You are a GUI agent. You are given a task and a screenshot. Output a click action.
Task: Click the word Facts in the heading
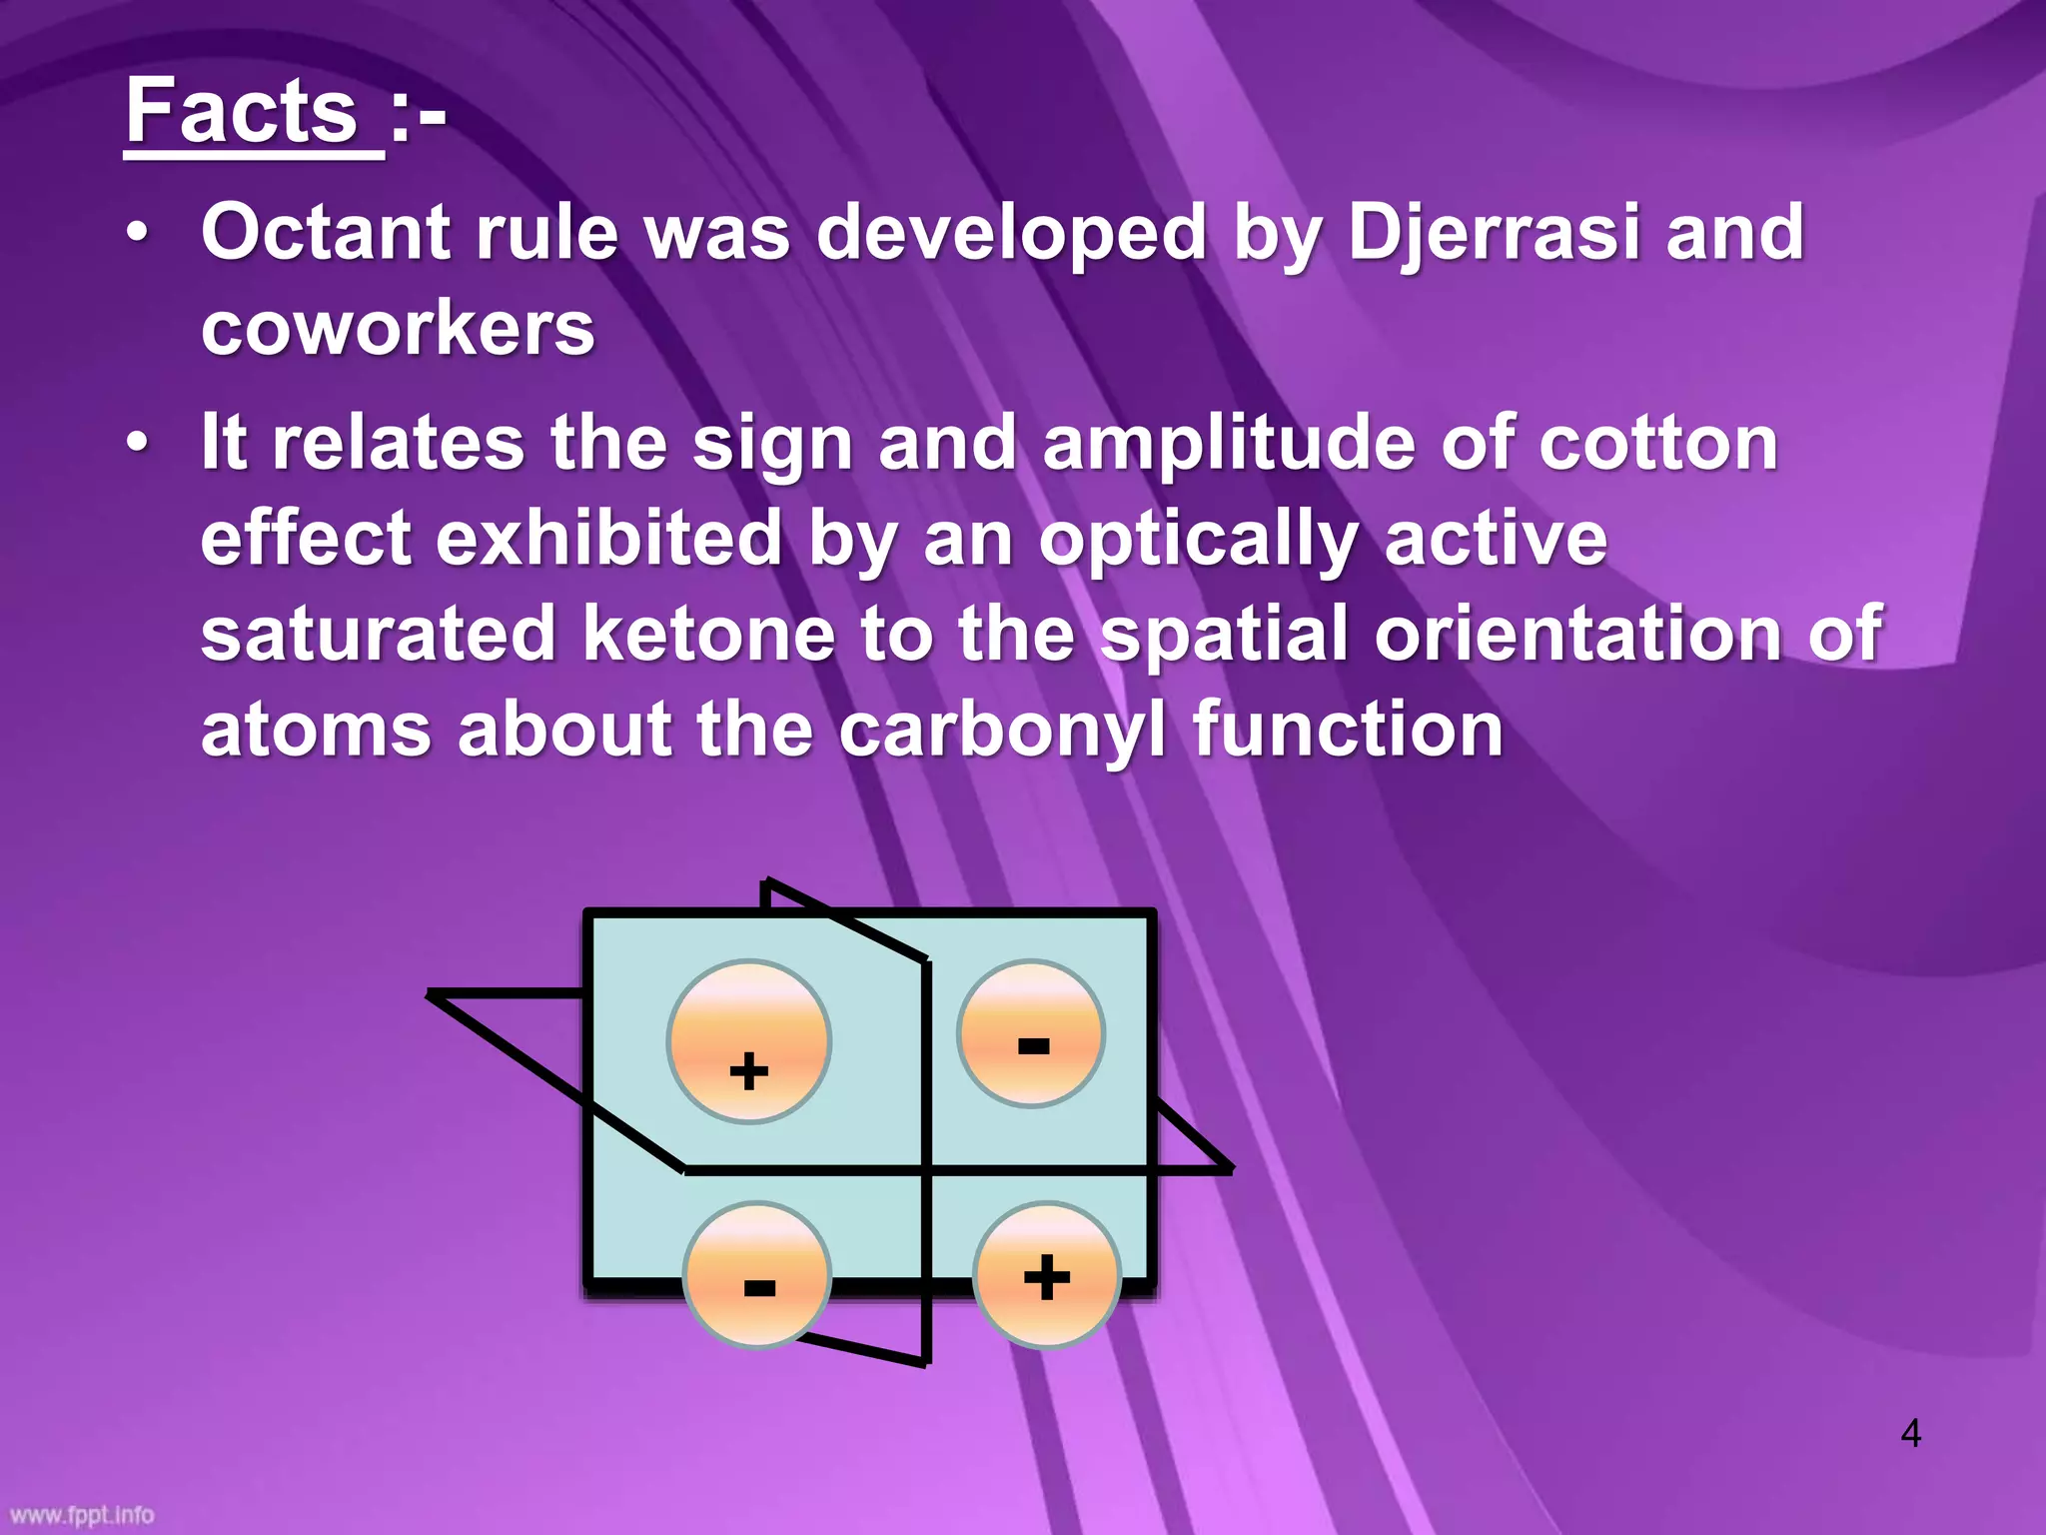tap(242, 112)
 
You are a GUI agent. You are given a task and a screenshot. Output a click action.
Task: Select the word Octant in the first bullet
tap(326, 232)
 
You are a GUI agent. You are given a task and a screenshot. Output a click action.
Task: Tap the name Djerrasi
tap(1494, 234)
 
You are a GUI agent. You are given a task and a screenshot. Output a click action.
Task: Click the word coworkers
tap(398, 328)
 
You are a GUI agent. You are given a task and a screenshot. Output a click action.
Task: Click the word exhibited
tap(608, 538)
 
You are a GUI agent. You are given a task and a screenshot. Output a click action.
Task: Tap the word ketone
tap(708, 634)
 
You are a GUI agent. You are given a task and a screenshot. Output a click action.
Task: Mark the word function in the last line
tap(1348, 730)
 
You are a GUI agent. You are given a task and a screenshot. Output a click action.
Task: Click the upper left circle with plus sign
tap(749, 1041)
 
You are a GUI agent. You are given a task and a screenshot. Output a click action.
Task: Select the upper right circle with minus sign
tap(1031, 1033)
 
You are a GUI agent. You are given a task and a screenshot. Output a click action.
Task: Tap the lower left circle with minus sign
tap(757, 1275)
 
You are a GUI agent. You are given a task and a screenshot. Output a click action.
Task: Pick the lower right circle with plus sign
tap(1046, 1275)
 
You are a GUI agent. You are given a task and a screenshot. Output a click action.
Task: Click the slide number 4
tap(1910, 1433)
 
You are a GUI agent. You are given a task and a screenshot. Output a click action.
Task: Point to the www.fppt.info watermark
tap(82, 1515)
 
